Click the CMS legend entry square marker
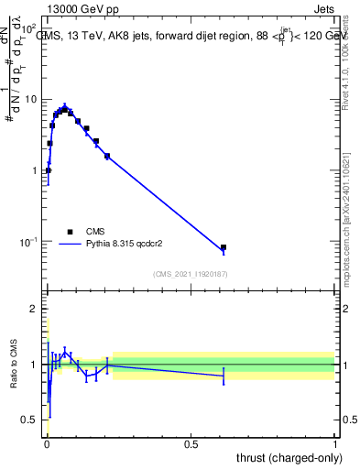tap(70, 232)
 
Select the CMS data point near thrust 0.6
tap(224, 247)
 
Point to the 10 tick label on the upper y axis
tap(30, 99)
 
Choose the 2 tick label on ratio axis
tap(35, 309)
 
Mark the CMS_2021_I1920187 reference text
tap(191, 274)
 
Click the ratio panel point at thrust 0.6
tap(224, 376)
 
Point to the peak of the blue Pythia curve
tap(64, 106)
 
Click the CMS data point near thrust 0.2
tap(107, 156)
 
